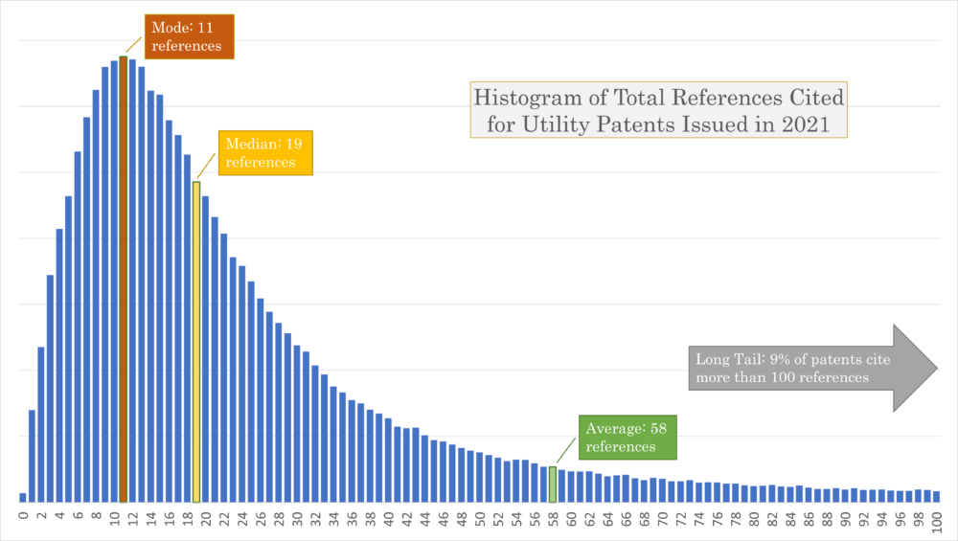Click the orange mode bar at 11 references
point(124,287)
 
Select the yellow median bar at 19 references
point(196,345)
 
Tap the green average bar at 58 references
point(553,485)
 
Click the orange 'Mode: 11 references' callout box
point(190,36)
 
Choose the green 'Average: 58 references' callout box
point(627,438)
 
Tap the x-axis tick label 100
point(937,521)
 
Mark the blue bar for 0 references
point(23,497)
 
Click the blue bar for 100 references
point(937,496)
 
